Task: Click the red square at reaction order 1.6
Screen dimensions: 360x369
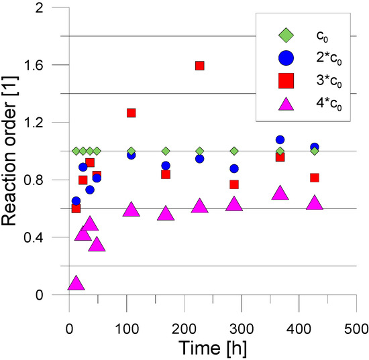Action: pos(199,66)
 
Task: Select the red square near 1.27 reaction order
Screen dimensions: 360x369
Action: pos(131,113)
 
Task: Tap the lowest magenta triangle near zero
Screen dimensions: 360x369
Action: pos(76,283)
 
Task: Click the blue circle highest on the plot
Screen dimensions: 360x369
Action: pos(280,140)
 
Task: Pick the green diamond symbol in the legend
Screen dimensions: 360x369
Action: pos(284,33)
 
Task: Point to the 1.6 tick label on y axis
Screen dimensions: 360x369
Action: pos(50,65)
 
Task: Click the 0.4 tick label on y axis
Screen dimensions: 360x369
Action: pos(50,238)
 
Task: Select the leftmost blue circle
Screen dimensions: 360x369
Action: pos(76,201)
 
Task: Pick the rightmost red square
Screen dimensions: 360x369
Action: pos(314,178)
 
